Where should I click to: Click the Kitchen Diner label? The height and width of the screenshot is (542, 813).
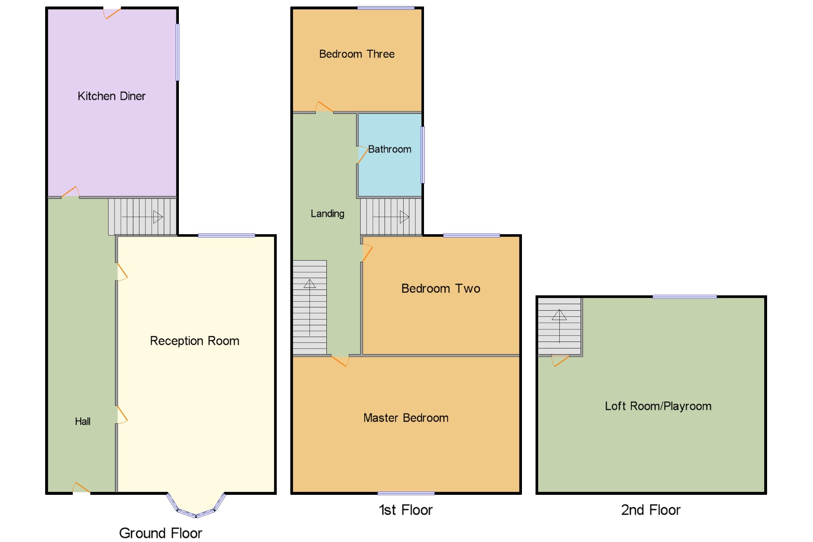(111, 96)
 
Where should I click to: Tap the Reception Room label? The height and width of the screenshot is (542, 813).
(194, 341)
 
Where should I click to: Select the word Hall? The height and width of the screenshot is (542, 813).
(83, 421)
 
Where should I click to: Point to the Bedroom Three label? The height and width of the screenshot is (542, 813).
(357, 54)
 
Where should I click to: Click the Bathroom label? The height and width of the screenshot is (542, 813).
(389, 149)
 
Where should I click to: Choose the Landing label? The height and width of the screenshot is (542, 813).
(327, 213)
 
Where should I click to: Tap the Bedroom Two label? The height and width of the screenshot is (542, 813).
(441, 288)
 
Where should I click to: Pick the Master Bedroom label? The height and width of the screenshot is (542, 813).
(406, 418)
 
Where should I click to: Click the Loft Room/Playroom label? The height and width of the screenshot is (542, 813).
(658, 406)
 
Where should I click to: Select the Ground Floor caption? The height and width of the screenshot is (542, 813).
(161, 533)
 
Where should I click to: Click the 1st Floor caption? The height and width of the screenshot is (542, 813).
(406, 510)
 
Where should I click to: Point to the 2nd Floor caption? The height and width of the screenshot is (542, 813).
(651, 510)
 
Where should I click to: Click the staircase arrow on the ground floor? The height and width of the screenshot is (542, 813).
(142, 217)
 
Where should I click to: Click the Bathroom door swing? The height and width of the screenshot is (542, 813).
(362, 155)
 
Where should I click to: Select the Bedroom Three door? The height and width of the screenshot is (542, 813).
(324, 107)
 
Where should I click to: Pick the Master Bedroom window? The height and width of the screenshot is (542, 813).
(406, 493)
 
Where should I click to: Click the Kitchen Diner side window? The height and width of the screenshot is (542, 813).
(178, 52)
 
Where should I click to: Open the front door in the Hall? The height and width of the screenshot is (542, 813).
(81, 488)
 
